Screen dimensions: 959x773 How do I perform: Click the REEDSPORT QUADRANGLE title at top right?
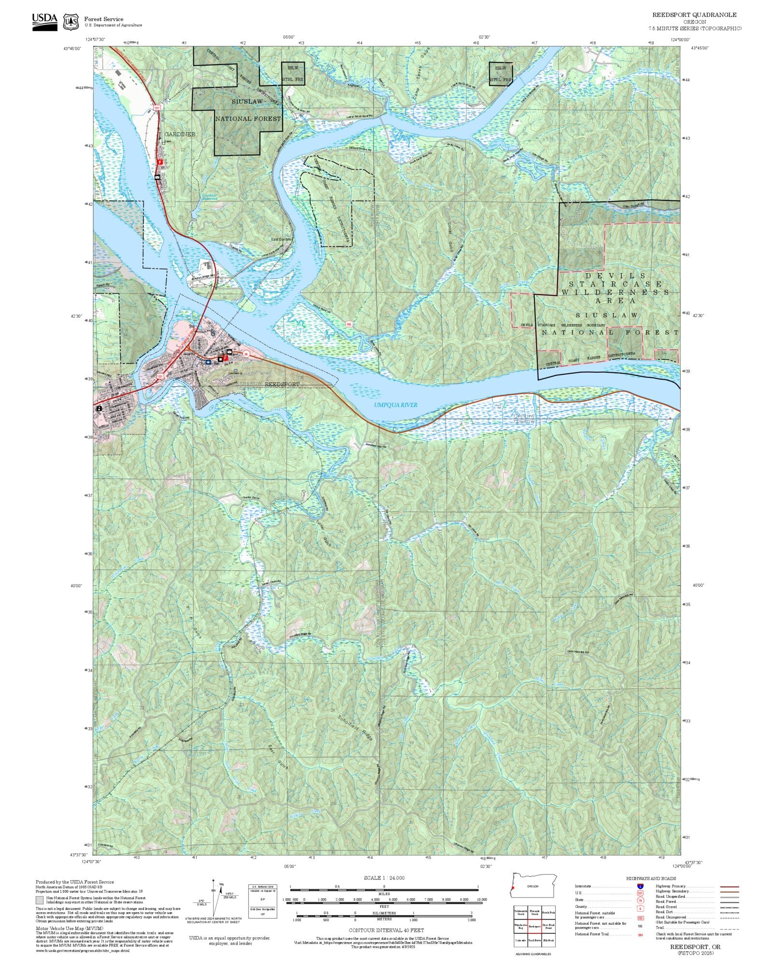(x=694, y=15)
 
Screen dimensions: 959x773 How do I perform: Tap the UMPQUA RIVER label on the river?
(x=395, y=405)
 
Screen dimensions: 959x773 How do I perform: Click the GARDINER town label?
(x=180, y=134)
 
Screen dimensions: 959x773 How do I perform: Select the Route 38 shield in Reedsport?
(x=246, y=354)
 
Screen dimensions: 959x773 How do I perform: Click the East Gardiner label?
(x=281, y=240)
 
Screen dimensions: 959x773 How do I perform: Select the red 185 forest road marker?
(x=349, y=324)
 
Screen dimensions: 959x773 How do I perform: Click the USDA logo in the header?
(x=44, y=22)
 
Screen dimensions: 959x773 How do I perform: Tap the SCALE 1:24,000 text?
(x=384, y=877)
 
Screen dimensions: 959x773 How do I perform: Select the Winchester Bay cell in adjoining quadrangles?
(x=520, y=926)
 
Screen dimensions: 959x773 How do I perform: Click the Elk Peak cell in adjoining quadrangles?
(x=548, y=940)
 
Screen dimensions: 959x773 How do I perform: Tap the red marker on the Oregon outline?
(x=513, y=888)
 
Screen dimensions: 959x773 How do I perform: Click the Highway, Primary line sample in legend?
(x=729, y=887)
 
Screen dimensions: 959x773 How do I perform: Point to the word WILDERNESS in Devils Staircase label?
(x=615, y=292)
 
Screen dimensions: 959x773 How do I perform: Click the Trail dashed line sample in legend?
(x=729, y=928)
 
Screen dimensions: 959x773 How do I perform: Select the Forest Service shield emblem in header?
(x=72, y=22)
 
